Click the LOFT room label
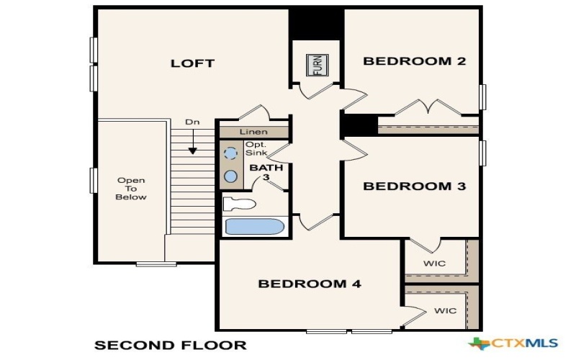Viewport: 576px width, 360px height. click(x=192, y=63)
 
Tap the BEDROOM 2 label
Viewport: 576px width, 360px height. click(x=414, y=61)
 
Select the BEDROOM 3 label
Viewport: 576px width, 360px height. click(x=414, y=186)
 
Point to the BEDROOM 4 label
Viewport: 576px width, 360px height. click(x=309, y=284)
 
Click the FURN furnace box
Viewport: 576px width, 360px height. click(x=317, y=66)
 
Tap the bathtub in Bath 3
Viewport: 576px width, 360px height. click(x=255, y=227)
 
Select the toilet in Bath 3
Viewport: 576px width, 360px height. click(x=238, y=204)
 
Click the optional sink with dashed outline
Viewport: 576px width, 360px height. click(x=230, y=153)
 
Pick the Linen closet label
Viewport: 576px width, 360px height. click(x=253, y=132)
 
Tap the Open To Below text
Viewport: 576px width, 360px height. click(x=132, y=189)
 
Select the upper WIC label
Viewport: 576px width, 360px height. click(x=435, y=264)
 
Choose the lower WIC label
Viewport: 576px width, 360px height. click(x=445, y=312)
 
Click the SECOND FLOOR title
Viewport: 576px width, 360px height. click(x=171, y=345)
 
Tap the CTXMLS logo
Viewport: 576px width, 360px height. click(x=513, y=343)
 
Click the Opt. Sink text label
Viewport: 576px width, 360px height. click(x=255, y=148)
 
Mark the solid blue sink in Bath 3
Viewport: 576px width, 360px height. click(x=230, y=176)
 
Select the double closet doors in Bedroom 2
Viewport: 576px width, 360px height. click(x=429, y=108)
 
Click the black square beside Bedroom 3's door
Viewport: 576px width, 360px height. click(x=359, y=125)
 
